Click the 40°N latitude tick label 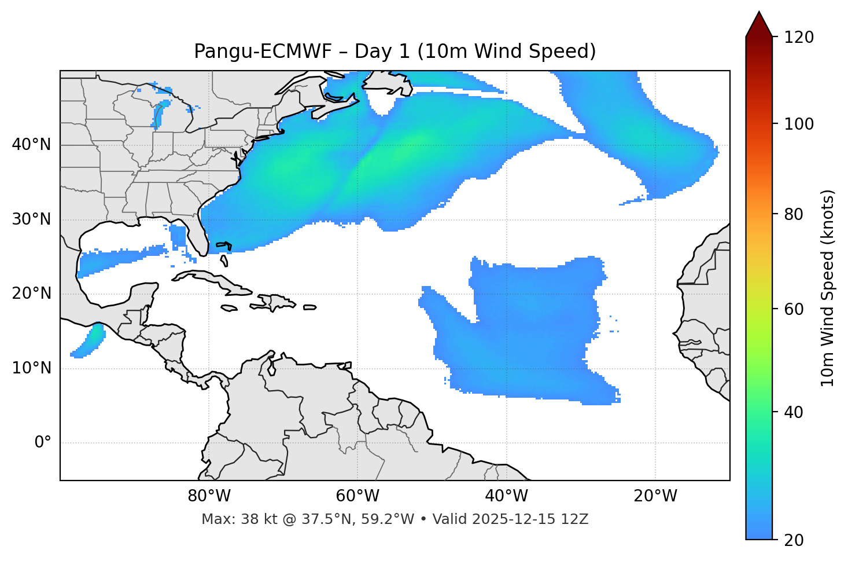31,145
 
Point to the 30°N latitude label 31,219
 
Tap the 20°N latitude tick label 31,294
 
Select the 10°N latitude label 31,368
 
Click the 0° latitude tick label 43,443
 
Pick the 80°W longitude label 209,496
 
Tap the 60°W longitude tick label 357,496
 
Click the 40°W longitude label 506,496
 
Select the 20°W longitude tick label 655,496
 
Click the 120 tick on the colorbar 799,38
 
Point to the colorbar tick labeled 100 799,124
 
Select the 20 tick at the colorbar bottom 794,540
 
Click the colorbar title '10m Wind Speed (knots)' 828,288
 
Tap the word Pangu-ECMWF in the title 263,52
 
